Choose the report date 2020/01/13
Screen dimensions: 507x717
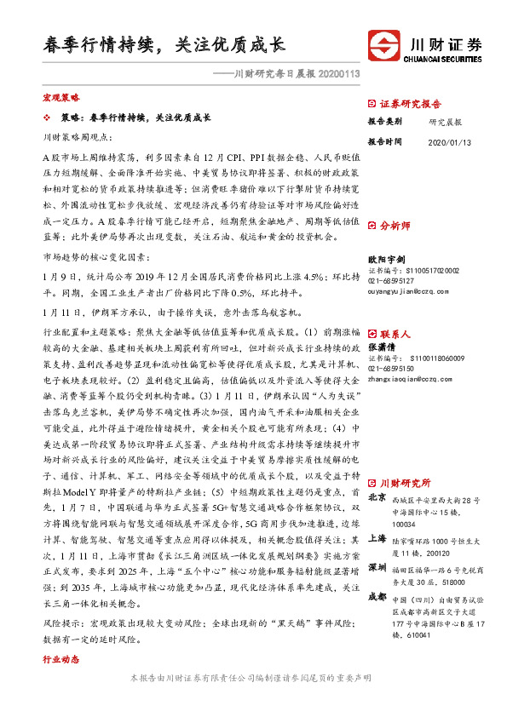pos(449,141)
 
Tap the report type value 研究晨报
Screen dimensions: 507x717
pos(446,122)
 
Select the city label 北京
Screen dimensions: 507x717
pos(376,496)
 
